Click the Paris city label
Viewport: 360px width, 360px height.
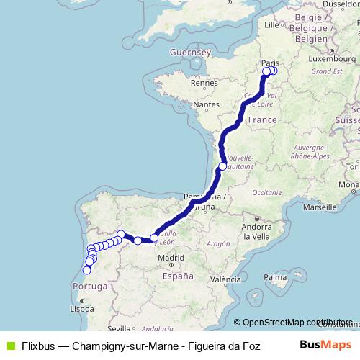pos(271,63)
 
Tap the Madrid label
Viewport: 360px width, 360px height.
pos(171,257)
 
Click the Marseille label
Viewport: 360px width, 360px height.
pos(322,207)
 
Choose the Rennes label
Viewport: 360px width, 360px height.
pos(204,83)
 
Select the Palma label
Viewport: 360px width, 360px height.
pos(275,276)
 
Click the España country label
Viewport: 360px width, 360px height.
pos(178,276)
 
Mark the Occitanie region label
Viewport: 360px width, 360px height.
pos(266,192)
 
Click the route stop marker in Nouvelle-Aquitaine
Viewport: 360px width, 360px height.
pos(223,166)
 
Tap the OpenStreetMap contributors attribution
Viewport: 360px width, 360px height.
pos(296,323)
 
